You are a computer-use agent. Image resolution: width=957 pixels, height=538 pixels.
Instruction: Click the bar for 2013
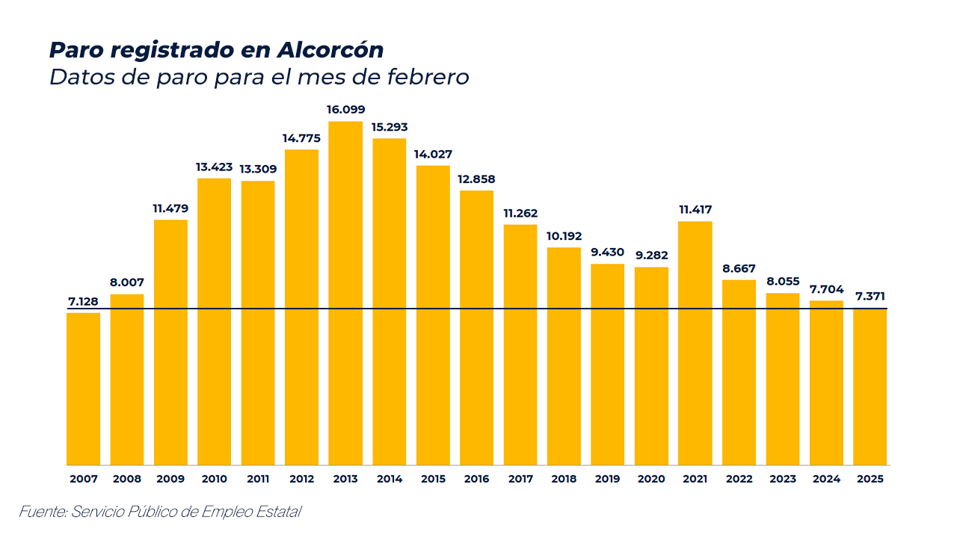click(x=345, y=293)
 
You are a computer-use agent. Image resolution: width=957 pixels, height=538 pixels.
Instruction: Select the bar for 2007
click(x=83, y=389)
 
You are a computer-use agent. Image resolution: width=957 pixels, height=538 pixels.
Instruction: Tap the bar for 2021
click(x=695, y=343)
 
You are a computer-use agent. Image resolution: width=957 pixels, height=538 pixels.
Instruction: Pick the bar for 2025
click(x=870, y=386)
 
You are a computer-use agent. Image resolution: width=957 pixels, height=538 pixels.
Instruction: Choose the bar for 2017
click(x=520, y=344)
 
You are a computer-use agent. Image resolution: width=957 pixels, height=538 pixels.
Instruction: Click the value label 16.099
click(x=345, y=110)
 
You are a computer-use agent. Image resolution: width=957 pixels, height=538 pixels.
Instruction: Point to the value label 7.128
click(x=83, y=301)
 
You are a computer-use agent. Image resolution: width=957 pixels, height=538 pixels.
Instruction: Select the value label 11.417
click(x=695, y=210)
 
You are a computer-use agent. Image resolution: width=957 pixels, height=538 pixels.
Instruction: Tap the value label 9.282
click(x=651, y=256)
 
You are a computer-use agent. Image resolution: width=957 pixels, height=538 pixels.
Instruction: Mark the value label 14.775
click(x=301, y=137)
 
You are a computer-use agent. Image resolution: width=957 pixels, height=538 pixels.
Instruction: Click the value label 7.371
click(x=870, y=297)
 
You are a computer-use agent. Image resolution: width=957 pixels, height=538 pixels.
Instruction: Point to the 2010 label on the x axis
click(x=215, y=479)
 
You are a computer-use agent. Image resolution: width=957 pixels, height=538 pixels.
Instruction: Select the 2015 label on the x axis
click(x=433, y=479)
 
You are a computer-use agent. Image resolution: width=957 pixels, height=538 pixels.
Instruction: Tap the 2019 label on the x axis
click(x=608, y=479)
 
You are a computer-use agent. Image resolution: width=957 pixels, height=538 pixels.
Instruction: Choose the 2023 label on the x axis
click(x=783, y=479)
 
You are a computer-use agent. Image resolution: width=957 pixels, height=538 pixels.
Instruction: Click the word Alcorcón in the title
click(x=330, y=50)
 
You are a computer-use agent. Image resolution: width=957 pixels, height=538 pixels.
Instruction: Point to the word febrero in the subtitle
click(x=428, y=77)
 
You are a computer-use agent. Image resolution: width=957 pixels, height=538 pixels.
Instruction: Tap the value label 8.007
click(x=126, y=282)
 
